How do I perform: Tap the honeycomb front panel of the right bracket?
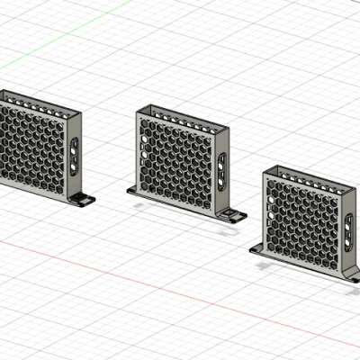[x=302, y=216]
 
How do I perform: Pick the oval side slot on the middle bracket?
[x=221, y=170]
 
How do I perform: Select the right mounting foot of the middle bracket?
[x=233, y=216]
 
